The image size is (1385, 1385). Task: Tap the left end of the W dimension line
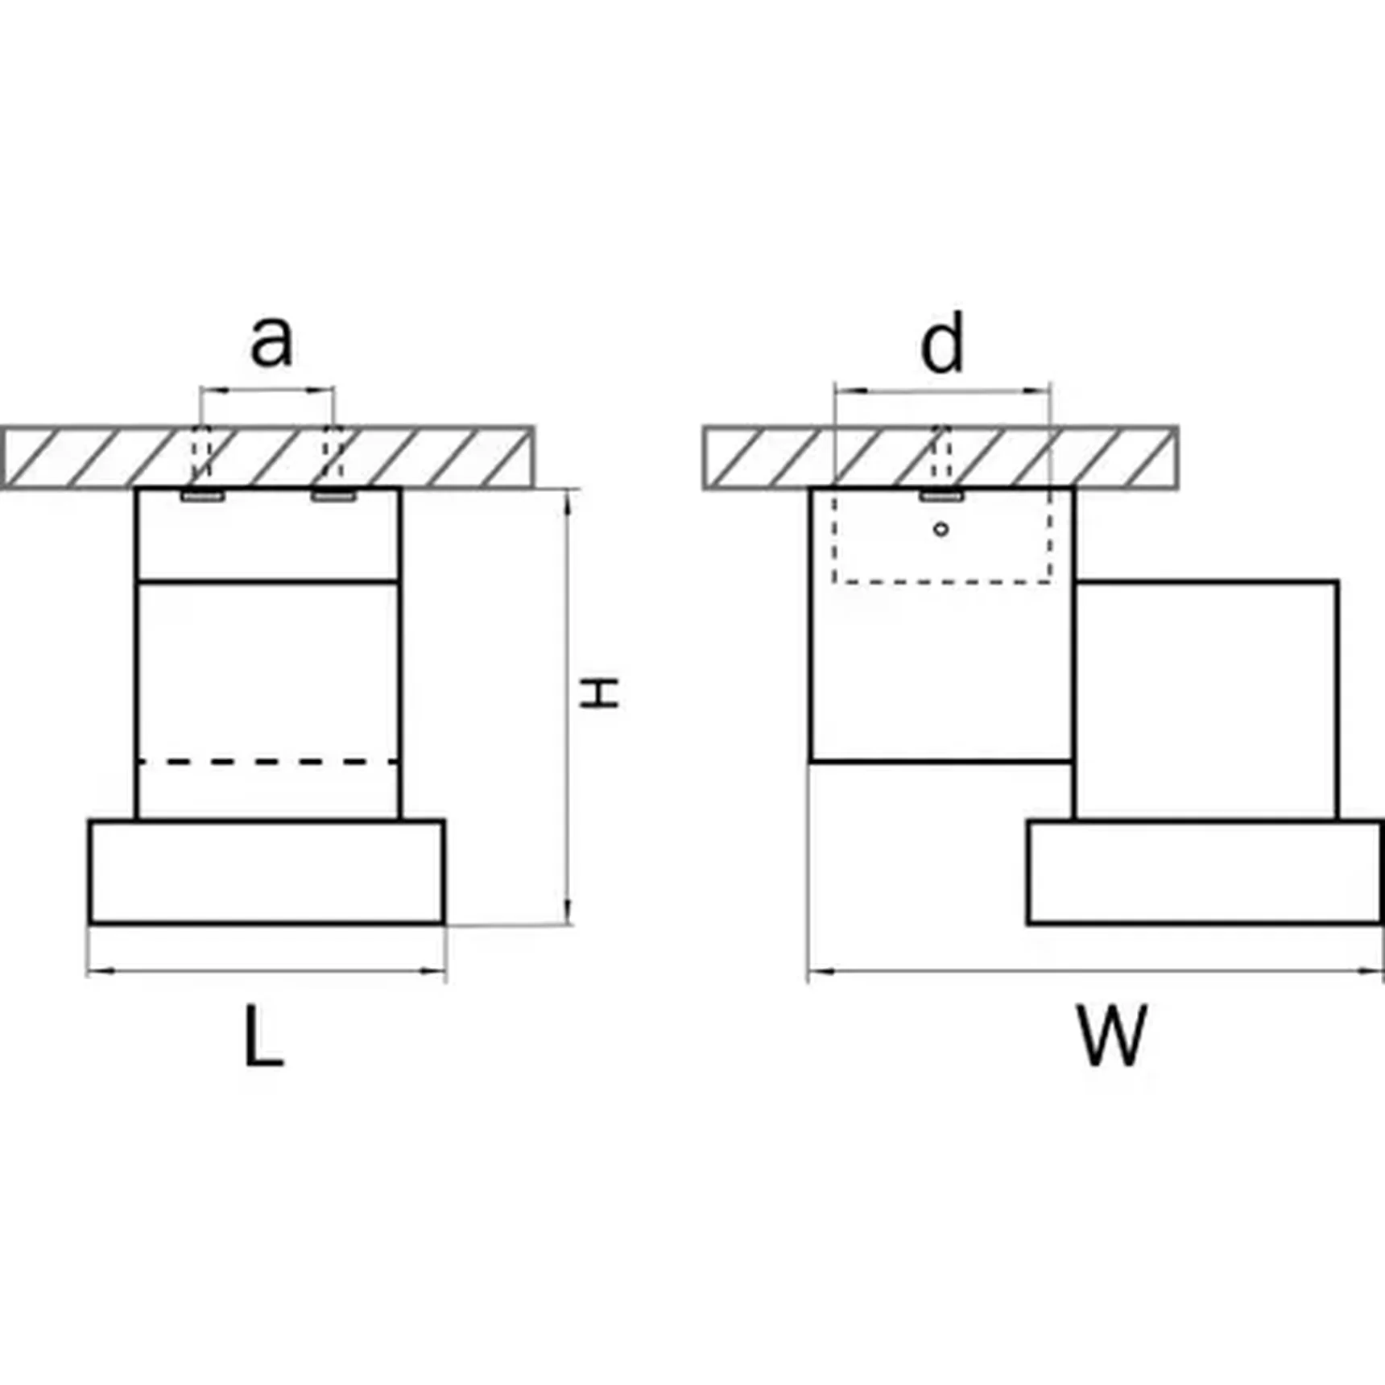pyautogui.click(x=808, y=971)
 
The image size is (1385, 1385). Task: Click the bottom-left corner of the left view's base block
pyautogui.click(x=90, y=923)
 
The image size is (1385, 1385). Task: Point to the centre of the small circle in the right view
pyautogui.click(x=941, y=529)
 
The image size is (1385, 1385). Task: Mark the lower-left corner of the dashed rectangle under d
pyautogui.click(x=835, y=581)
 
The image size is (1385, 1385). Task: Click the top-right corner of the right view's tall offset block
pyautogui.click(x=1338, y=581)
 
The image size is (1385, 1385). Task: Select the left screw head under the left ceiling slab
pyautogui.click(x=202, y=496)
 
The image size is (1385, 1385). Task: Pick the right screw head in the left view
pyautogui.click(x=333, y=496)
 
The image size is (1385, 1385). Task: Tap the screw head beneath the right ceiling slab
pyautogui.click(x=941, y=496)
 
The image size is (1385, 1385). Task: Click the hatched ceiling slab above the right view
pyautogui.click(x=941, y=457)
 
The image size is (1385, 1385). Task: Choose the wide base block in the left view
pyautogui.click(x=267, y=872)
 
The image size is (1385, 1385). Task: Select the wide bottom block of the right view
pyautogui.click(x=1205, y=872)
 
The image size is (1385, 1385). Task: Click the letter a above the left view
pyautogui.click(x=271, y=342)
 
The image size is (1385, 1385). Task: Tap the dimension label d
pyautogui.click(x=941, y=342)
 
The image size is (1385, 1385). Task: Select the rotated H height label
pyautogui.click(x=600, y=692)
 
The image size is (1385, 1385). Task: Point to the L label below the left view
pyautogui.click(x=264, y=1036)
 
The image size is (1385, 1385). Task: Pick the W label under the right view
pyautogui.click(x=1112, y=1036)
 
